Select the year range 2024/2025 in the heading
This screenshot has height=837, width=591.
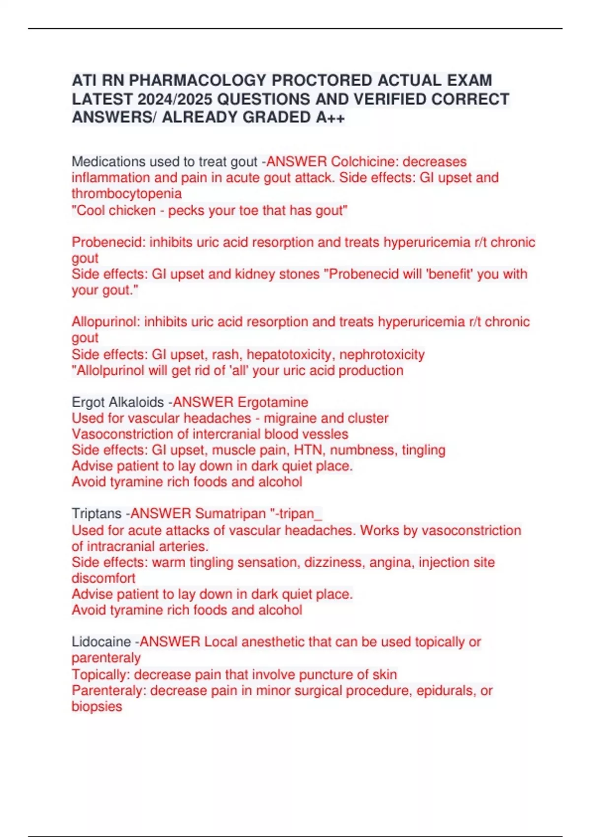[x=175, y=99]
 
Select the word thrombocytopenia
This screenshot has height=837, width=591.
[x=127, y=193]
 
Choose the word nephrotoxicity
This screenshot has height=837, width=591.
[x=382, y=354]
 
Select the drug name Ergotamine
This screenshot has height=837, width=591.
[x=273, y=402]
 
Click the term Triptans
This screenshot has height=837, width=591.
[x=97, y=514]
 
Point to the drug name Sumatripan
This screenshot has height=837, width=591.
[x=230, y=514]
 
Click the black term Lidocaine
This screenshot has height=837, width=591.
[x=101, y=642]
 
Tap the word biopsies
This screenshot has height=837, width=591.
[x=97, y=706]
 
